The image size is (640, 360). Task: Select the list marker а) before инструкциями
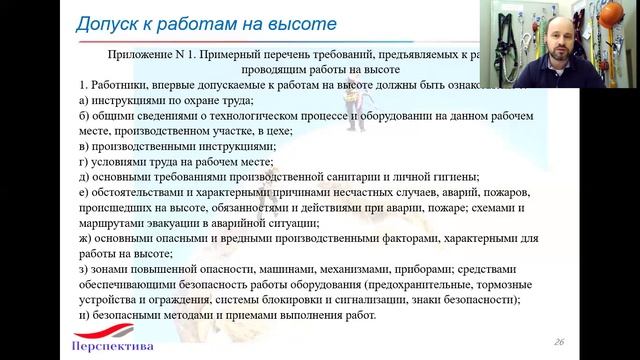click(x=83, y=101)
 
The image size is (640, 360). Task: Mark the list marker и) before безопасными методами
click(x=83, y=315)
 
